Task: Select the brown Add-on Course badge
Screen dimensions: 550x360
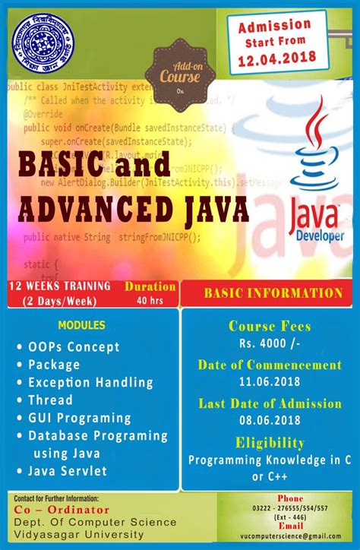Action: click(x=180, y=75)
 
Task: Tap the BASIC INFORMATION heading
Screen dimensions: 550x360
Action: click(x=273, y=292)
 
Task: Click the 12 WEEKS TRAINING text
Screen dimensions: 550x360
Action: click(x=59, y=286)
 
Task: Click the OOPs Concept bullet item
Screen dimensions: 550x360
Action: click(x=74, y=347)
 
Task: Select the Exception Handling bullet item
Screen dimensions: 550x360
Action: click(x=90, y=382)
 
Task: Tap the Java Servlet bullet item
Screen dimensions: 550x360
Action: click(x=68, y=471)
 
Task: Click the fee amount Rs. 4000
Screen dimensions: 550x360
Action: click(x=270, y=344)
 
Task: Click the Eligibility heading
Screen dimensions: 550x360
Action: click(x=270, y=442)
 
